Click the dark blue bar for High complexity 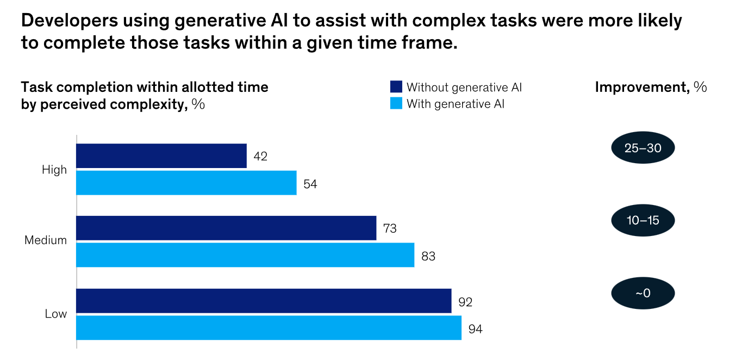(x=161, y=156)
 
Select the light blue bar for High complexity (x=186, y=183)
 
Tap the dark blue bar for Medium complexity (x=226, y=228)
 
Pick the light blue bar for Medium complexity (x=245, y=255)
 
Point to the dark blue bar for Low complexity (x=263, y=301)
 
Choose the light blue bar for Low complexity (x=268, y=327)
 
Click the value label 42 (x=260, y=157)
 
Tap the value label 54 (x=310, y=184)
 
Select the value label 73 (x=390, y=228)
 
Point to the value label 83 (x=428, y=256)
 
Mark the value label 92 (x=465, y=301)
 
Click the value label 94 (x=475, y=328)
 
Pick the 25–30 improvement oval (x=643, y=148)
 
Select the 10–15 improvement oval (x=643, y=220)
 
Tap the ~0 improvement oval (x=643, y=293)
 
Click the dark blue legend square (x=396, y=87)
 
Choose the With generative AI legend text (x=456, y=104)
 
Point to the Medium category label (x=46, y=240)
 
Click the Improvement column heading (x=651, y=87)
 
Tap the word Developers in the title (x=69, y=21)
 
